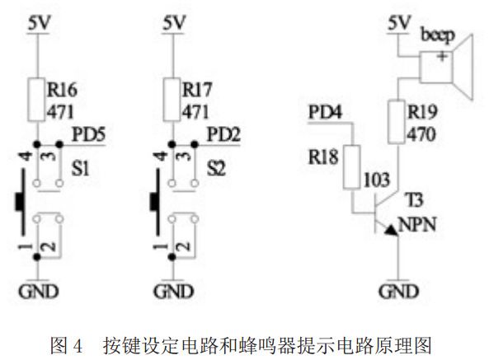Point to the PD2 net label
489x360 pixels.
tap(222, 133)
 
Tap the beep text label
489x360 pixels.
tap(437, 36)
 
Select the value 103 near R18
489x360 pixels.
tap(376, 179)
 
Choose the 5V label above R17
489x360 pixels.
tap(173, 24)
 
